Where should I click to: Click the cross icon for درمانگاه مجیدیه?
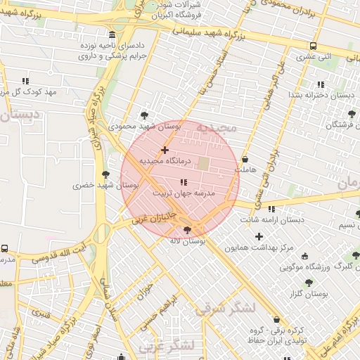pyautogui.click(x=165, y=150)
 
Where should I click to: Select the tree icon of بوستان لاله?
pyautogui.click(x=187, y=230)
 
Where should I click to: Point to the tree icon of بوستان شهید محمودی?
pyautogui.click(x=145, y=115)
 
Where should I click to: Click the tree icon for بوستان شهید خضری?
pyautogui.click(x=106, y=174)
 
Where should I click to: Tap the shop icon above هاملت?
pyautogui.click(x=245, y=160)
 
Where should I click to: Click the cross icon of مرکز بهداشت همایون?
pyautogui.click(x=259, y=236)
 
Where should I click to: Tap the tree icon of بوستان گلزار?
pyautogui.click(x=308, y=282)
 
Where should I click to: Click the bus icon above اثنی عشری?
pyautogui.click(x=313, y=46)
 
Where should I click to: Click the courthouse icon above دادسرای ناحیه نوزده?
pyautogui.click(x=112, y=34)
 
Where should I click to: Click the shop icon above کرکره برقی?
pyautogui.click(x=276, y=319)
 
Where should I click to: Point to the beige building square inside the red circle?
pyautogui.click(x=204, y=164)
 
